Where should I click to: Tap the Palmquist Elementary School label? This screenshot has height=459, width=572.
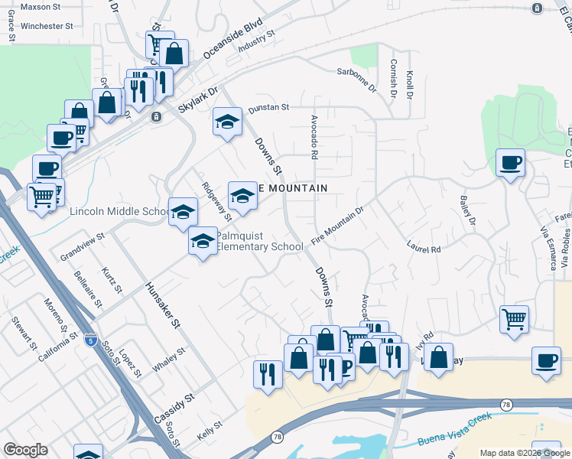(x=260, y=242)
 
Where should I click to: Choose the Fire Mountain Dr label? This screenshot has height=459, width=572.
(x=336, y=220)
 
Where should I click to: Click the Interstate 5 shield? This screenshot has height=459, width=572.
(x=91, y=337)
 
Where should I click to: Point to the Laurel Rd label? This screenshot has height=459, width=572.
(x=424, y=249)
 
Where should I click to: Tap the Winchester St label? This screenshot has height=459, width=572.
(x=47, y=25)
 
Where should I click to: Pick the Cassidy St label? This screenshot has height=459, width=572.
(x=174, y=409)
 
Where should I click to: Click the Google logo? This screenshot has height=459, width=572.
(x=25, y=450)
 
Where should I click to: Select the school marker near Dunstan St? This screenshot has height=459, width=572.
(x=227, y=121)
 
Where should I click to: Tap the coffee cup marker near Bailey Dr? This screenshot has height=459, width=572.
(x=510, y=162)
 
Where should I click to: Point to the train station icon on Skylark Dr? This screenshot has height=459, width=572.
(x=156, y=117)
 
